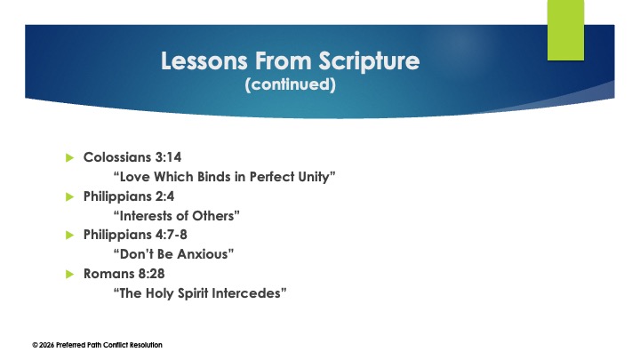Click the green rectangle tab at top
[x=565, y=30]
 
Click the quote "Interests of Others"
[x=178, y=216]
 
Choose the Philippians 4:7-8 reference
[x=134, y=235]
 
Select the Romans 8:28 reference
[x=124, y=274]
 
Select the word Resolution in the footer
[x=144, y=345]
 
